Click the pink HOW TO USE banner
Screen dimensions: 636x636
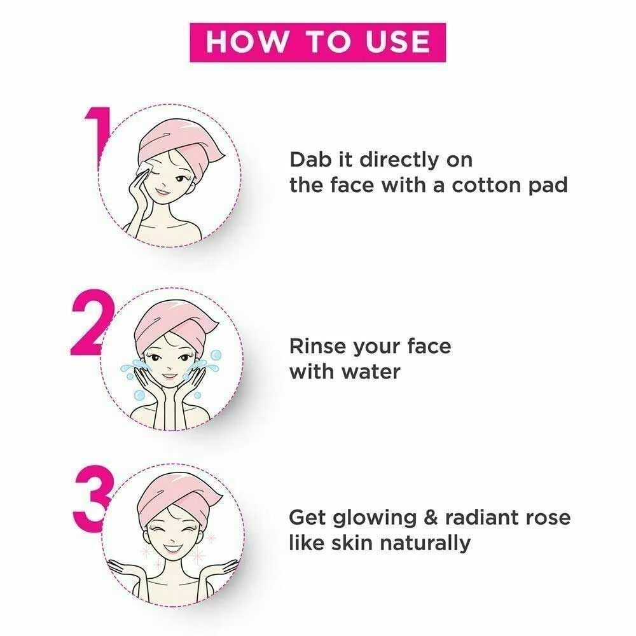click(x=317, y=42)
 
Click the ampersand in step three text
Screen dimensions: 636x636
click(x=431, y=518)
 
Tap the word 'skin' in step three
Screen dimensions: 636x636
click(x=352, y=544)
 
